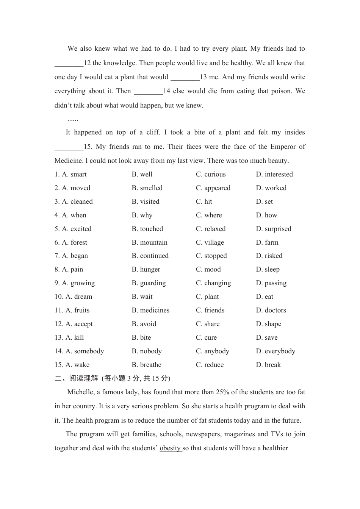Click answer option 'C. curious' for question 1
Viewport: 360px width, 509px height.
[211, 174]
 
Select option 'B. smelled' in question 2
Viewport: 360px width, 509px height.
[147, 188]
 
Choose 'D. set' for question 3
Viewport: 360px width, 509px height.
[264, 201]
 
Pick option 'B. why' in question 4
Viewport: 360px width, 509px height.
[142, 215]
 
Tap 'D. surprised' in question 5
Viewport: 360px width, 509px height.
[274, 229]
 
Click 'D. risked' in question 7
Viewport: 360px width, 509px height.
[269, 256]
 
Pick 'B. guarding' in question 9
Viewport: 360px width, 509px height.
[149, 283]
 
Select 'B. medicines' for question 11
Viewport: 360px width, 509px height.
[150, 310]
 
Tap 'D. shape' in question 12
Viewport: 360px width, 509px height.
[268, 324]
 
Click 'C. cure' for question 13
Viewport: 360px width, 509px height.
[206, 337]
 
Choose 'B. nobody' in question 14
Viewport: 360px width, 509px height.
[147, 351]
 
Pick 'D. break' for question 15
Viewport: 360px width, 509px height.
[268, 365]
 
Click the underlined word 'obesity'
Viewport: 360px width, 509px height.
[170, 448]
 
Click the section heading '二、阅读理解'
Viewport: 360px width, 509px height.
[76, 378]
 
